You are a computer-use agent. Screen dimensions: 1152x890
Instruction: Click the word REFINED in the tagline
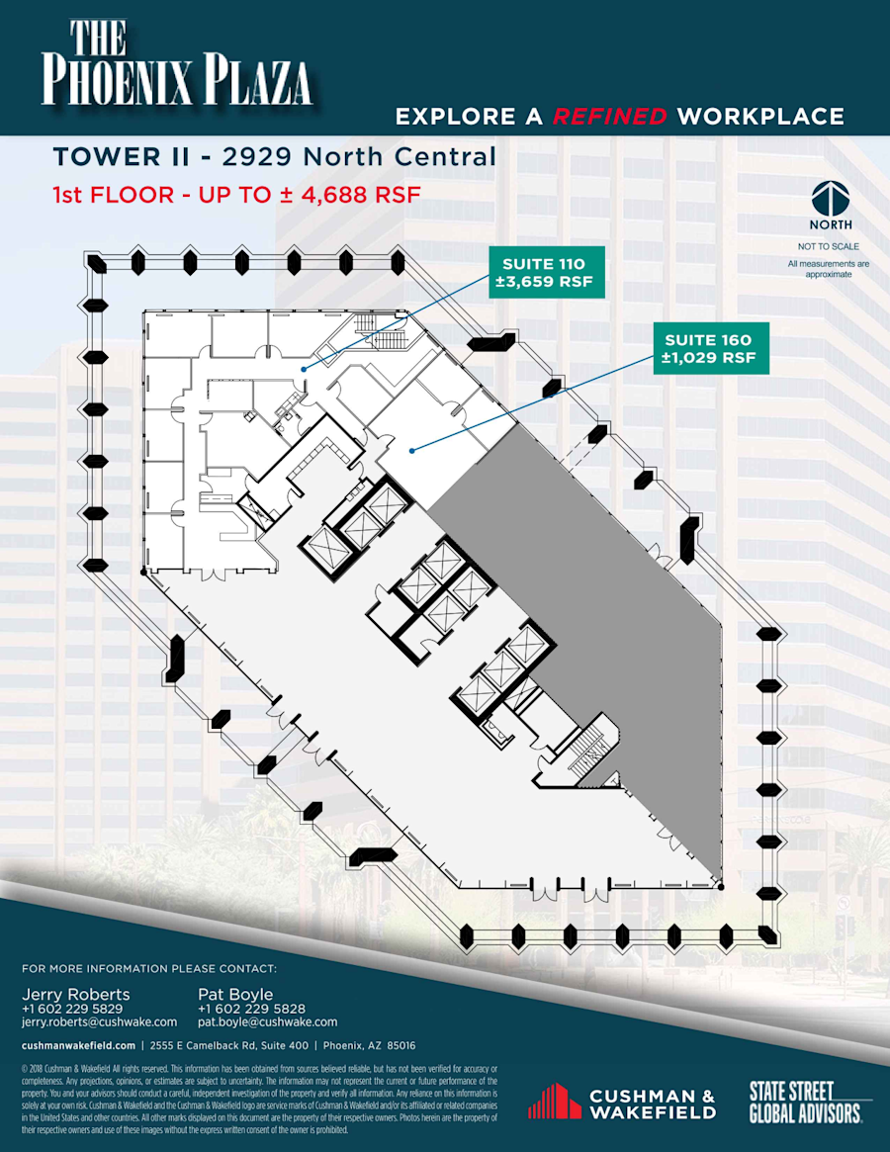point(609,117)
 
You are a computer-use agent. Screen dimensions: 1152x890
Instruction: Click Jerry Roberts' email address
point(99,1021)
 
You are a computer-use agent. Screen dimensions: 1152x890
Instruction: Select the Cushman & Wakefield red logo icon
point(554,1101)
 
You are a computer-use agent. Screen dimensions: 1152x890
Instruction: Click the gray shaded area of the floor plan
point(603,613)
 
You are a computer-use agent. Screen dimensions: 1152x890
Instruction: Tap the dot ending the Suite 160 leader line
point(410,450)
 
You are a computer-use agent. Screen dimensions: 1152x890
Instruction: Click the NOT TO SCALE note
point(829,246)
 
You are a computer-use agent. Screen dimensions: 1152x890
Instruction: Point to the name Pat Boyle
point(235,994)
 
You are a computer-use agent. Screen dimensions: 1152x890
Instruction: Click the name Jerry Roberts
point(75,994)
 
